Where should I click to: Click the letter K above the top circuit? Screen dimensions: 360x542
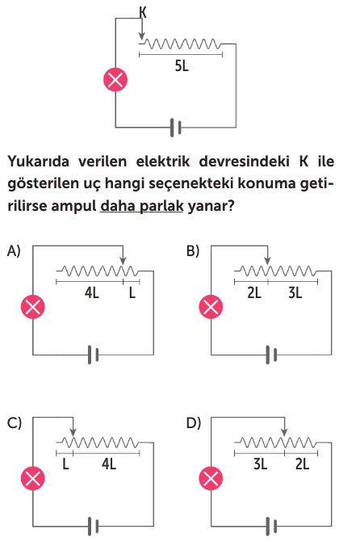(143, 12)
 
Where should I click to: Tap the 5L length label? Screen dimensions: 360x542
(182, 65)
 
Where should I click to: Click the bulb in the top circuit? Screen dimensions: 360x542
(115, 79)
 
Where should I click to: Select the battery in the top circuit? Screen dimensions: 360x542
(175, 128)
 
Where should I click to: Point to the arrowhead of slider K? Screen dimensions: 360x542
(141, 36)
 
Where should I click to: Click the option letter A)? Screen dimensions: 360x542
(14, 250)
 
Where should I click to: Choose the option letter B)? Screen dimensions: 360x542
(193, 250)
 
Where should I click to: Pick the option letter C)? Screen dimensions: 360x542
(15, 422)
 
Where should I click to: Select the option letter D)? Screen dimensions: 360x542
(194, 422)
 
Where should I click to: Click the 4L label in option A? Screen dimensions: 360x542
(92, 293)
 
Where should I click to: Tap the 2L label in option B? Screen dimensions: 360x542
(254, 293)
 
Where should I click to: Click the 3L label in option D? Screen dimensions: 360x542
(261, 464)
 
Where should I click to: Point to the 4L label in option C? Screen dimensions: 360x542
(109, 464)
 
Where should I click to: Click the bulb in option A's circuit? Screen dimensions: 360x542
(33, 307)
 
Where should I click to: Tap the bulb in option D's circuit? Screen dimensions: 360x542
(211, 479)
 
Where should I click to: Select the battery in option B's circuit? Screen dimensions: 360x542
(271, 355)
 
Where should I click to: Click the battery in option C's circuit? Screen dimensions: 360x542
(93, 527)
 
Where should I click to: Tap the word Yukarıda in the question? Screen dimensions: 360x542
(39, 162)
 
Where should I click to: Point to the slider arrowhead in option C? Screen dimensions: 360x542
(73, 432)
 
